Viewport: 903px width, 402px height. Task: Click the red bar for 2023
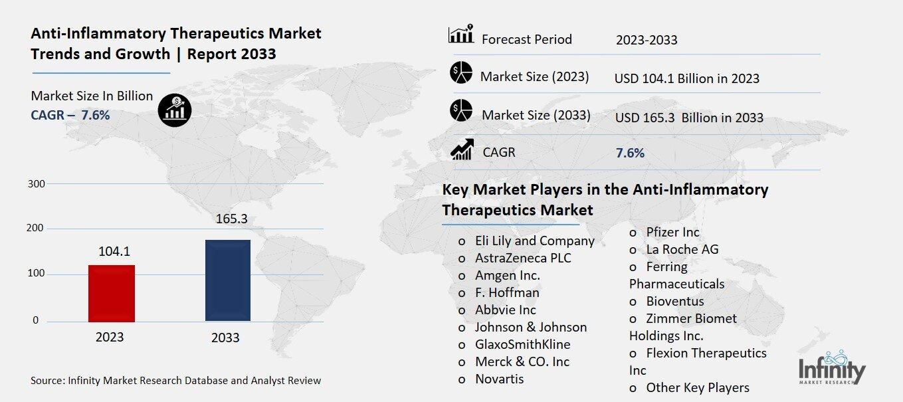click(x=111, y=293)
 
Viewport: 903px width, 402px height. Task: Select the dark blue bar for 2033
click(x=227, y=280)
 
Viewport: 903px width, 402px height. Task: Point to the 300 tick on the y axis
click(x=38, y=183)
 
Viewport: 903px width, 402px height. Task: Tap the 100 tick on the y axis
click(x=38, y=274)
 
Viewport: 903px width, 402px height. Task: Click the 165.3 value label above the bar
click(x=227, y=219)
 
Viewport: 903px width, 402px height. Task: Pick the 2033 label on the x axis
click(x=225, y=338)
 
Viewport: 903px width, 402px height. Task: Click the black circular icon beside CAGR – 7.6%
click(x=175, y=110)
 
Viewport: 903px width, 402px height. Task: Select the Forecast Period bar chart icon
click(x=461, y=35)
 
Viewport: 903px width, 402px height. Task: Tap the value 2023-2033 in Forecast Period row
click(x=647, y=40)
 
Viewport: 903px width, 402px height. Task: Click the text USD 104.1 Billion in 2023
click(x=687, y=78)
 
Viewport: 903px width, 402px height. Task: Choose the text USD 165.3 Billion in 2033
click(x=689, y=118)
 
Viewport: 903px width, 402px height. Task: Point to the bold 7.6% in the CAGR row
click(x=630, y=153)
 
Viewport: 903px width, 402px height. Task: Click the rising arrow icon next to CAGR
click(x=461, y=150)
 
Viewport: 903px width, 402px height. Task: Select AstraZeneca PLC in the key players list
click(x=523, y=258)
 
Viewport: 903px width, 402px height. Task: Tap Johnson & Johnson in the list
click(x=530, y=327)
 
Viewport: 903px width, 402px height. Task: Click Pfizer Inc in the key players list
click(x=672, y=232)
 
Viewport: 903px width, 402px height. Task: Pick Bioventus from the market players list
click(x=674, y=301)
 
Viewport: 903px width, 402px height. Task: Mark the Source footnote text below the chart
click(x=176, y=381)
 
